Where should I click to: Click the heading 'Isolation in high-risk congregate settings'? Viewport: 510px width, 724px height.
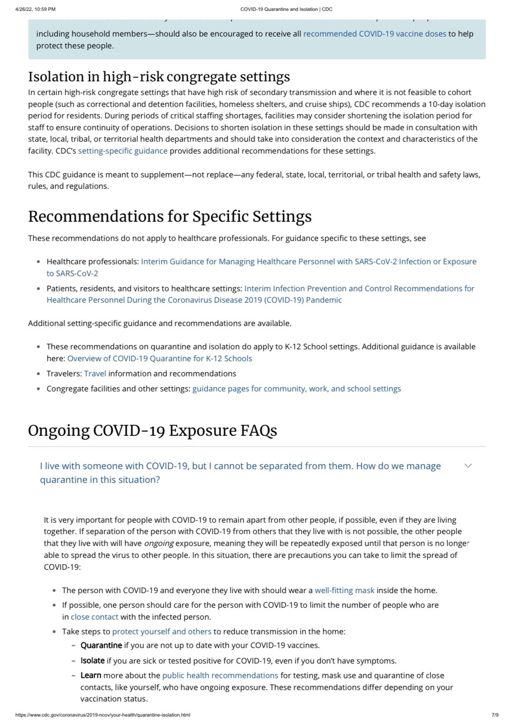pos(159,76)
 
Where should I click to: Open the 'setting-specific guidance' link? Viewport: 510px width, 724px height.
pos(123,151)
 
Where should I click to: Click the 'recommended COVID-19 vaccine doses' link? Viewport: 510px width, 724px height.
pos(375,34)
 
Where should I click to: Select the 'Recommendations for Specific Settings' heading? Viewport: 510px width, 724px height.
pos(170,216)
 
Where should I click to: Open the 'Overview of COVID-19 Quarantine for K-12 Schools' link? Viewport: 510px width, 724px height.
pos(160,359)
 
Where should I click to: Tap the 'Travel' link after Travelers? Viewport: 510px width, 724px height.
pos(95,374)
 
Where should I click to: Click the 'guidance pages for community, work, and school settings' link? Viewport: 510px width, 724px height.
pos(296,389)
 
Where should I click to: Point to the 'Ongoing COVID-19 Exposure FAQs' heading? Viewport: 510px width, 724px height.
pos(152,430)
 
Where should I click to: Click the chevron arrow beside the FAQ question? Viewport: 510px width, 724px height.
pos(468,466)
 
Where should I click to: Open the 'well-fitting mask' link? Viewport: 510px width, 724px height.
pos(344,590)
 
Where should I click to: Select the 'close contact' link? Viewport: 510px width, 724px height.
pos(94,617)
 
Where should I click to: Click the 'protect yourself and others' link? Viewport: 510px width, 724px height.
pos(161,632)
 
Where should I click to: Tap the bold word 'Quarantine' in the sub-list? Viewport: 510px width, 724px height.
pos(101,645)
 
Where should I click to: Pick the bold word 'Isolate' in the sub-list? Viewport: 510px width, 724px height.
pos(92,661)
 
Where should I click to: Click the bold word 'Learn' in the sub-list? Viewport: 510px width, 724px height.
pos(91,676)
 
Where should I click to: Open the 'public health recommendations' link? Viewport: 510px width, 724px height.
pos(220,676)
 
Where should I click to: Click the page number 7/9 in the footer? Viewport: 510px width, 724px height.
pos(495,715)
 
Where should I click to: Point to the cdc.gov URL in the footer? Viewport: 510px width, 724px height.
pos(102,715)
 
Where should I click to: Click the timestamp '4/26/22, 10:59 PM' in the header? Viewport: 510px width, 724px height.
pos(35,9)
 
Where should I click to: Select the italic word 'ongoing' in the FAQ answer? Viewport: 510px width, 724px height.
pos(159,544)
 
